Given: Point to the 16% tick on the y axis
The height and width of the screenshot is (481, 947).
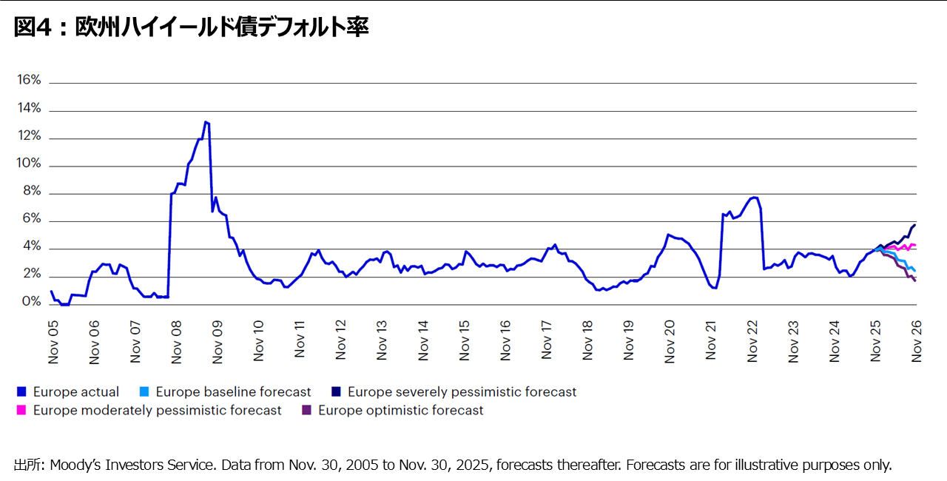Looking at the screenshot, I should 29,81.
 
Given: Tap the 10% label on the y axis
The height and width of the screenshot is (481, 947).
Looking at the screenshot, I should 29,165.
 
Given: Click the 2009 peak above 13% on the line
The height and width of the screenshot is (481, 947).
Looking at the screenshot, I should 206,122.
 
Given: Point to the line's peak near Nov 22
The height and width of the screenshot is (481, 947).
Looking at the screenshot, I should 753,198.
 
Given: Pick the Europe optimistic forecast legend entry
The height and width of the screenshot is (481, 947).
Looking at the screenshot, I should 400,410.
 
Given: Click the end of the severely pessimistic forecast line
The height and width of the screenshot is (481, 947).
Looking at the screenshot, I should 915,224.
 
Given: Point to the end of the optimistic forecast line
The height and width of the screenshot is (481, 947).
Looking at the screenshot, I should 915,280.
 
